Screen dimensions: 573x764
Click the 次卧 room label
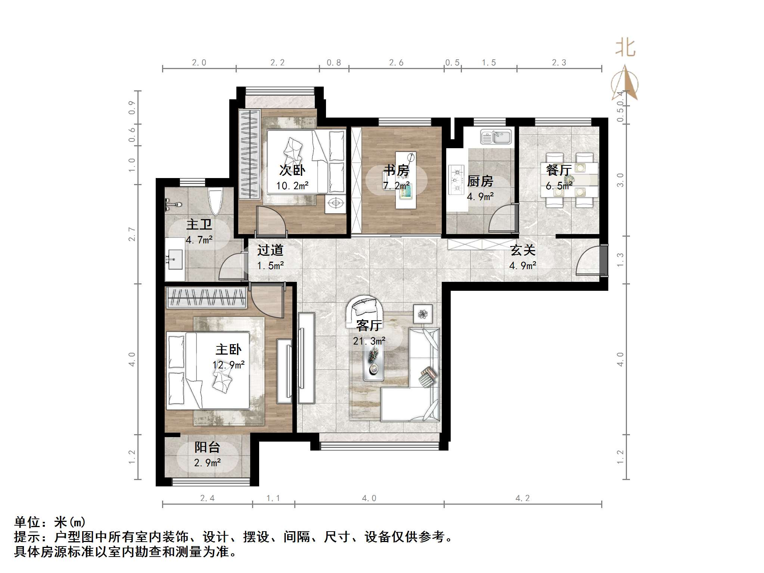tap(292, 170)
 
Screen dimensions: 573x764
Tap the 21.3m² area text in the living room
tap(369, 341)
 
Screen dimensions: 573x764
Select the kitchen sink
tap(496, 137)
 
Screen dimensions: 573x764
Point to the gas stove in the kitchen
tap(456, 180)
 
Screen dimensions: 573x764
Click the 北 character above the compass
tap(625, 49)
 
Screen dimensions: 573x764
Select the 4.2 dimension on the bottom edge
tap(522, 498)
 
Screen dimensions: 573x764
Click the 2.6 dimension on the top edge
tap(396, 62)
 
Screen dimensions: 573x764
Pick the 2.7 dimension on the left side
tap(131, 234)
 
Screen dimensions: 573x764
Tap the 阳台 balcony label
tap(207, 447)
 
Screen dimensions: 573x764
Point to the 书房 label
tap(396, 170)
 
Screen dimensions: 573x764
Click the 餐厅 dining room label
tap(558, 170)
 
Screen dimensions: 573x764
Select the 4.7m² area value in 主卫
tap(199, 240)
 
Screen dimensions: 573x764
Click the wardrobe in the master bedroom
tap(206, 298)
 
